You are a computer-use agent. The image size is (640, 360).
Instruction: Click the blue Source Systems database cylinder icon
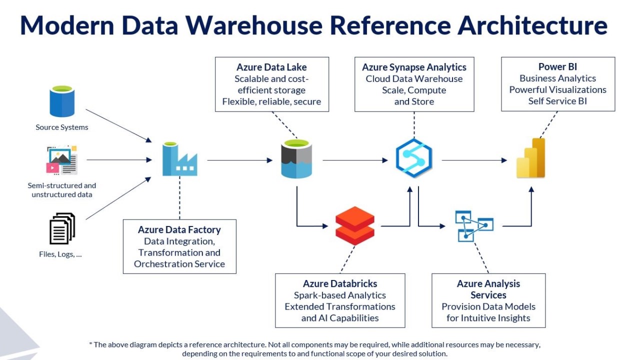pos(61,101)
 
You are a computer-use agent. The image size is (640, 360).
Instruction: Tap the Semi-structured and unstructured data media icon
pos(61,160)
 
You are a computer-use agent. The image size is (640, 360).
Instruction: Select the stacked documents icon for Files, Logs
pos(62,228)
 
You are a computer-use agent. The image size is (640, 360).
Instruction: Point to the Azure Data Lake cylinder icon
pos(296,159)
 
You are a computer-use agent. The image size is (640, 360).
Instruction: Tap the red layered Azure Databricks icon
pos(355,225)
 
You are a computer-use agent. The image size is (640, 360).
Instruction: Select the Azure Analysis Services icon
pos(473,226)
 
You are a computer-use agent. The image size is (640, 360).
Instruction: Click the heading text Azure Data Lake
pos(271,67)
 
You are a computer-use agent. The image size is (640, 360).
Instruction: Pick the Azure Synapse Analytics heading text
pos(414,67)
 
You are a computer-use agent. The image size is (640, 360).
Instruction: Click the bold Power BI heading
pos(557,66)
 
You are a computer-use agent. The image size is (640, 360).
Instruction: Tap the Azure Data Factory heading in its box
pos(179,229)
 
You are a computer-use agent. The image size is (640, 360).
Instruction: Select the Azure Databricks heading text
pos(340,283)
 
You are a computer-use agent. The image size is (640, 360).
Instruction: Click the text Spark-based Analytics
pos(340,295)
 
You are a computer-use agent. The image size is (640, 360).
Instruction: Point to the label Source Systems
pos(61,127)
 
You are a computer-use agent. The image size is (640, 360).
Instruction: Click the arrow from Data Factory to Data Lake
pos(239,160)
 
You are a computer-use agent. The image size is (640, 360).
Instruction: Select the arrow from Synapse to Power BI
pos(474,160)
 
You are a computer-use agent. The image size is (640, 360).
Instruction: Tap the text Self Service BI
pos(557,101)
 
